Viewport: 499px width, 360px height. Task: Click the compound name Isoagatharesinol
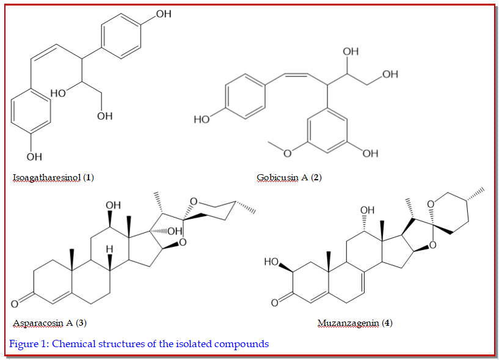(x=47, y=178)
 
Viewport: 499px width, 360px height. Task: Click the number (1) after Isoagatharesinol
(x=89, y=178)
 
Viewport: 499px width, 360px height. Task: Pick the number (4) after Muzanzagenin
(x=387, y=323)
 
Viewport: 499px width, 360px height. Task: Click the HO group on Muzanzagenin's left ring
(x=271, y=262)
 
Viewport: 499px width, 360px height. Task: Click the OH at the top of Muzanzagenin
(x=366, y=210)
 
